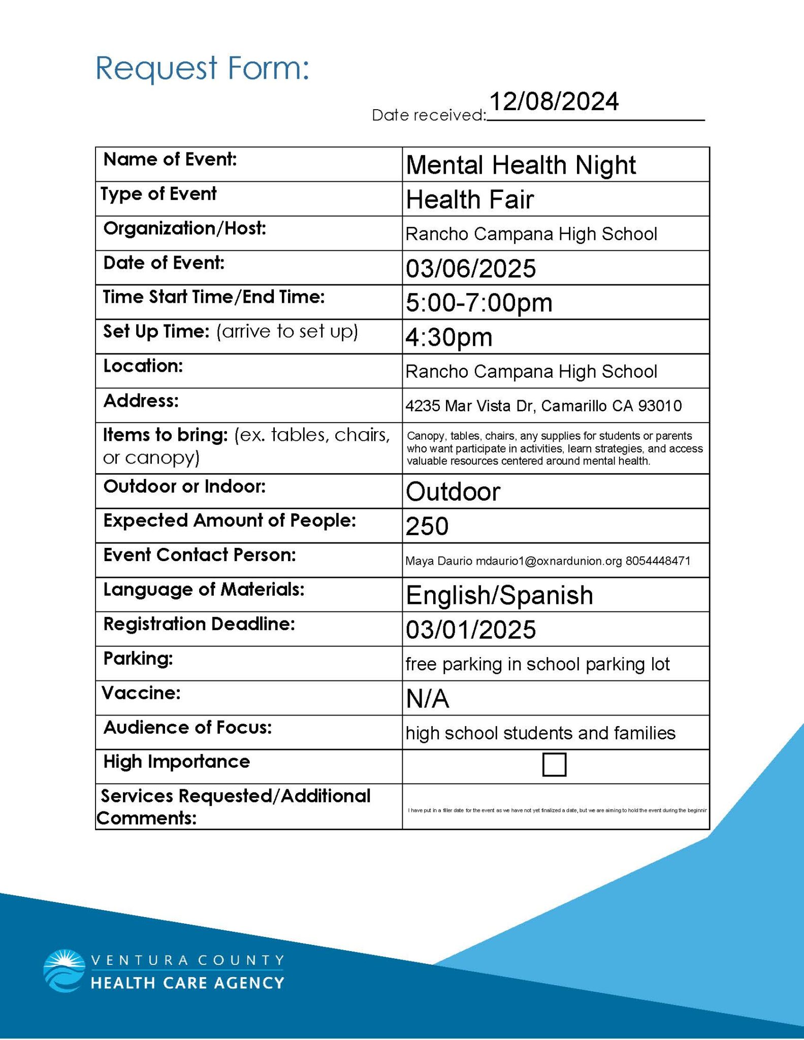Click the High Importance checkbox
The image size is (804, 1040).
point(554,764)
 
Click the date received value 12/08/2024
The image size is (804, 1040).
point(554,101)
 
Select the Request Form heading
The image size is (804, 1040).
point(202,68)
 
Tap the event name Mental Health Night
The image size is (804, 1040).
point(521,165)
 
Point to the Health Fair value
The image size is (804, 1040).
point(469,199)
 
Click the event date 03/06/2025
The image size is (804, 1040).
point(470,268)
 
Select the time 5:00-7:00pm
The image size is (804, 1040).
point(478,303)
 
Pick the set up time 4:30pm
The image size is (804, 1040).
point(448,337)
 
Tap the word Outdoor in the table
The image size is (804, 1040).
point(453,492)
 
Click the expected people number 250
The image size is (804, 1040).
point(427,526)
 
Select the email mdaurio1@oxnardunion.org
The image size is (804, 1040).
point(549,561)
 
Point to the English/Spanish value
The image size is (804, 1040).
point(499,595)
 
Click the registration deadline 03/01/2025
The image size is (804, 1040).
point(470,630)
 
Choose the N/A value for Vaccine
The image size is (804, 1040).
point(427,699)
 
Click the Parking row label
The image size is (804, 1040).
point(138,659)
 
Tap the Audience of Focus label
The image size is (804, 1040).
point(187,727)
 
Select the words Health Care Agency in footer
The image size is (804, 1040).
point(187,983)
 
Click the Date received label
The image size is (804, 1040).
point(429,115)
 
